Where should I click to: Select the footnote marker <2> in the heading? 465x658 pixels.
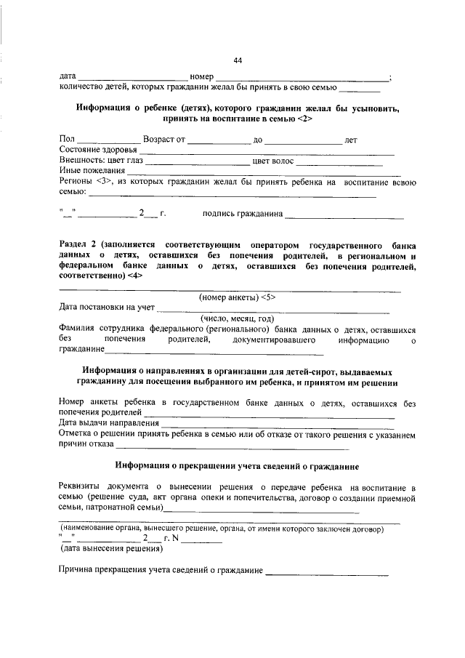coord(304,118)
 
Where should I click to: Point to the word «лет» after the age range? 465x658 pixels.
coord(351,139)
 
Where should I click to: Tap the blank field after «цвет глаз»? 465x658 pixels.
coord(197,163)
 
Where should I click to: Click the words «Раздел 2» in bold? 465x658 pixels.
coord(78,246)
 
